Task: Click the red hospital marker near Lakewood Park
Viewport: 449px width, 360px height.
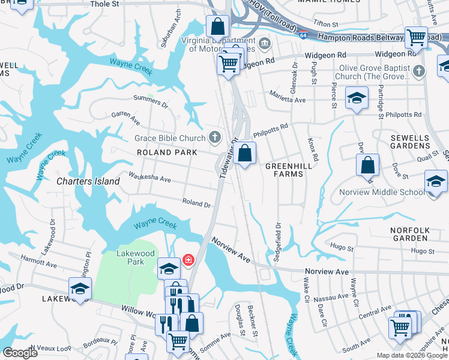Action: tap(188, 260)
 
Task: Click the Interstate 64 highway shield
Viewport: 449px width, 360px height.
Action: tap(304, 35)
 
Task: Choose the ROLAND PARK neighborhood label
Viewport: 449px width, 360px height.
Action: tap(167, 153)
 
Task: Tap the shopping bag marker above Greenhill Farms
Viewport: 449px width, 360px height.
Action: tap(244, 154)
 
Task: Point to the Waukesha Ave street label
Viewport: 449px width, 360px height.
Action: tap(150, 179)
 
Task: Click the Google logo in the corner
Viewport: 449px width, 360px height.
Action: tap(20, 353)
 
